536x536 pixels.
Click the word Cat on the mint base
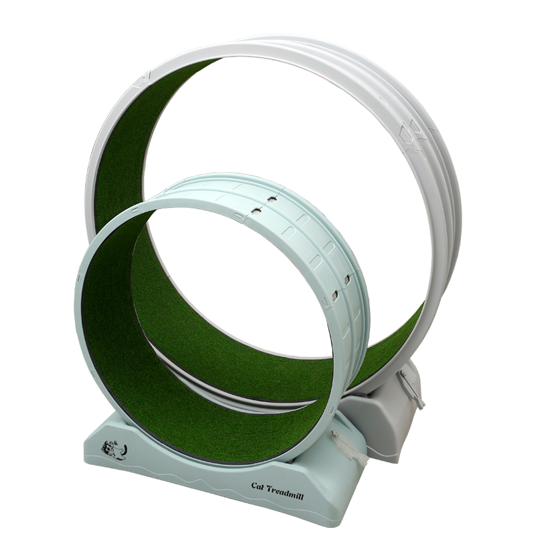tap(258, 486)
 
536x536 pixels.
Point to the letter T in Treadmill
tap(269, 489)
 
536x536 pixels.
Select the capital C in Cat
tap(255, 485)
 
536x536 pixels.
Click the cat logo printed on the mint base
tap(114, 448)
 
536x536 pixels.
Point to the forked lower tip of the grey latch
tap(421, 404)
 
